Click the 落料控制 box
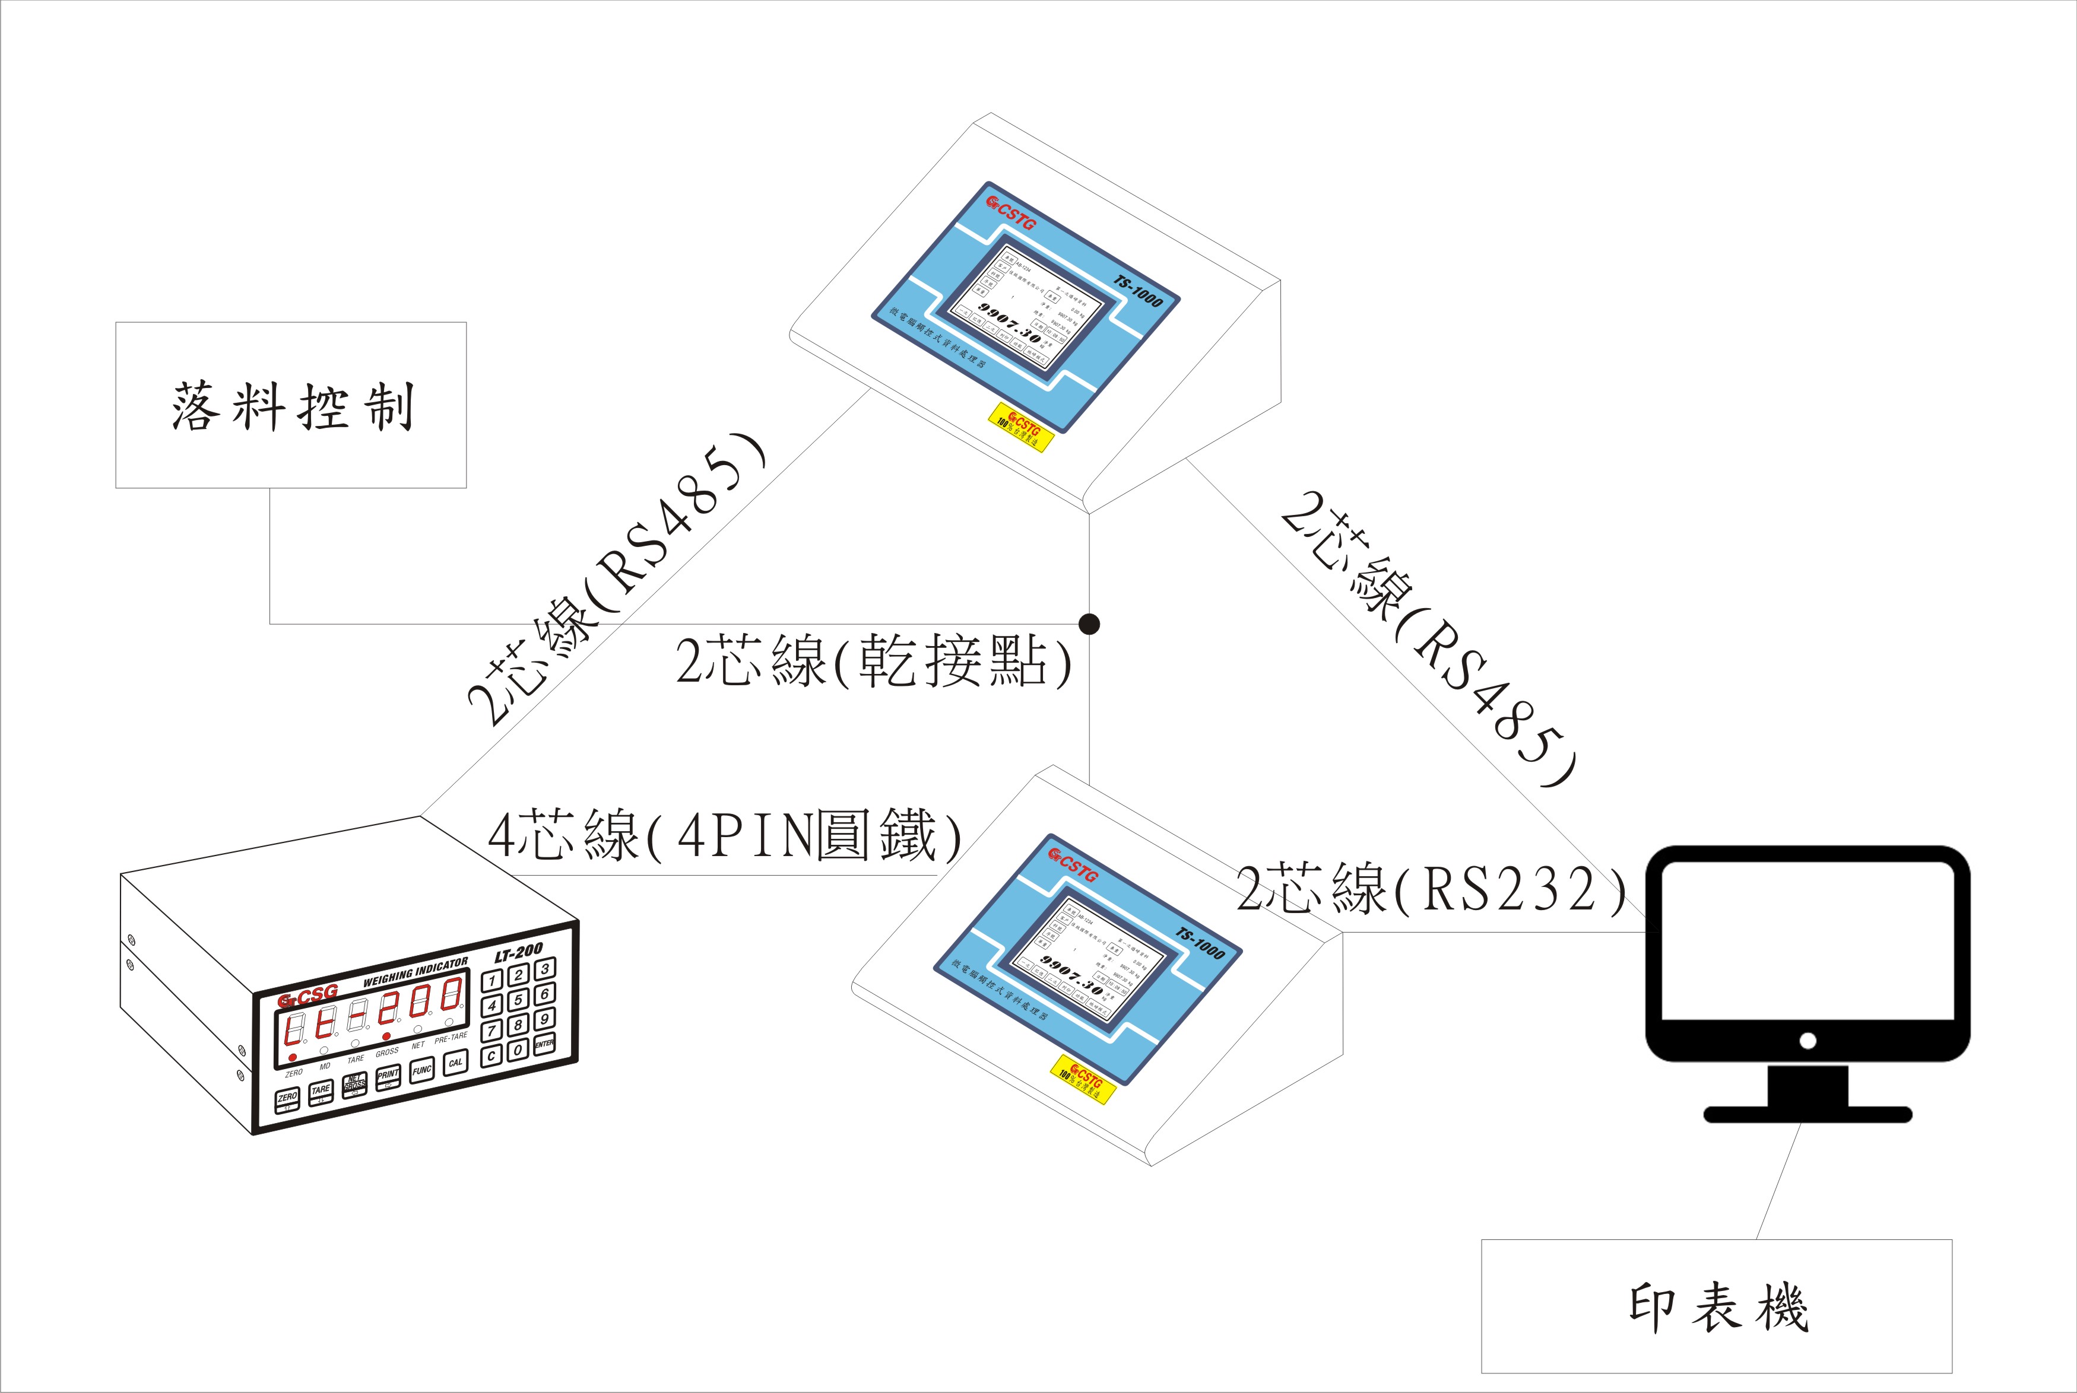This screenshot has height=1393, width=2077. point(291,405)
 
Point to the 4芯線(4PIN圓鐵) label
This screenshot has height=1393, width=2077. point(724,836)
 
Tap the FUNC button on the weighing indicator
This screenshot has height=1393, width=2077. point(422,1070)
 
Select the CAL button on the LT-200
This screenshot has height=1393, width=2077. point(455,1063)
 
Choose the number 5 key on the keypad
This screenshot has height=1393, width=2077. point(518,1000)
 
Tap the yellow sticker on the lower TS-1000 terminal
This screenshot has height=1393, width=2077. point(1083,1079)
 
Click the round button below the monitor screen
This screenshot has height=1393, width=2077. point(1807,1041)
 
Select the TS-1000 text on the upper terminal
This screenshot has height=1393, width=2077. point(1139,291)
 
